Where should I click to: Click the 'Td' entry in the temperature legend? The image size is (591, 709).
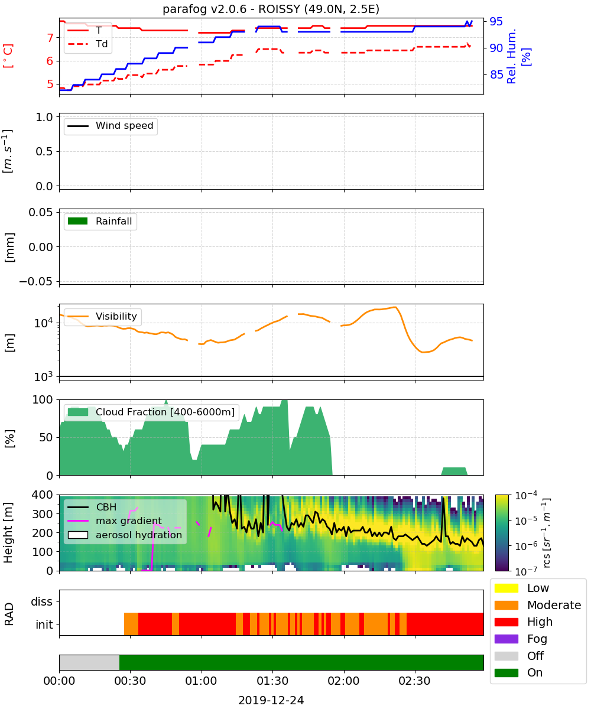[102, 44]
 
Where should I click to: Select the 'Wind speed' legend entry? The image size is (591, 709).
[124, 126]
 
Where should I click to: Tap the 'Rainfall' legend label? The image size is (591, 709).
[113, 222]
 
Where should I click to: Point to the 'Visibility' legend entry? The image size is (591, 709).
[116, 317]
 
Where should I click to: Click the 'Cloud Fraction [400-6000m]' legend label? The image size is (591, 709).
[165, 412]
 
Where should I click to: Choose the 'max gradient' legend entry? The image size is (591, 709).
[129, 521]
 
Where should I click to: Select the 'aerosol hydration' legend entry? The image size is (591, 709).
[138, 535]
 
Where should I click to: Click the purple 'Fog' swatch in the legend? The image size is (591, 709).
[506, 639]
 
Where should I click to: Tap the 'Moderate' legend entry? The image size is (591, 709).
[554, 605]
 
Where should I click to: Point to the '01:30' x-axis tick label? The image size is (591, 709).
[272, 681]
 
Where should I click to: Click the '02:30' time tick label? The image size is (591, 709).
[414, 681]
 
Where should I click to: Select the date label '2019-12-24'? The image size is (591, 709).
[271, 700]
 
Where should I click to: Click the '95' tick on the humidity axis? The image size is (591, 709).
[496, 21]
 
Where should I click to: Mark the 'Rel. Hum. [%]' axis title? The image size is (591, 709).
[518, 56]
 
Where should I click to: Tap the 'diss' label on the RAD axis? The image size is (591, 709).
[41, 601]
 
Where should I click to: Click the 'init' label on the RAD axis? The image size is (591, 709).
[44, 625]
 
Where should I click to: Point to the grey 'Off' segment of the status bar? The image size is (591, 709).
[89, 662]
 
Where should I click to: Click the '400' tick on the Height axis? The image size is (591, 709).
[43, 495]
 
